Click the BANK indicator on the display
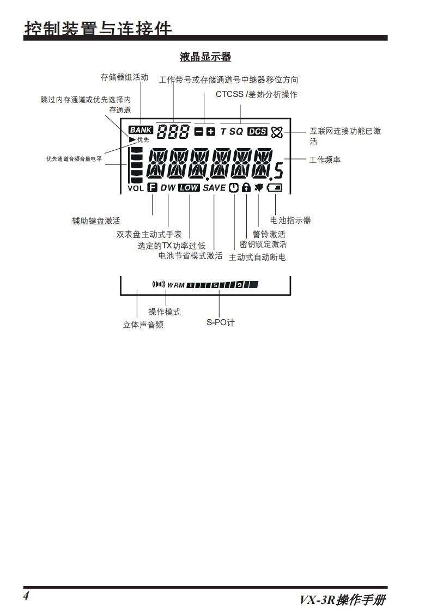141,130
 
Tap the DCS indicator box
257,131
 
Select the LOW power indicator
189,188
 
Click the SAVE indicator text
214,188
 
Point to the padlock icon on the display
246,188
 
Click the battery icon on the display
276,188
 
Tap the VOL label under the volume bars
136,188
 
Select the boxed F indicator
152,188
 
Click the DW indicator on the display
168,188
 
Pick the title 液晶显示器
205,57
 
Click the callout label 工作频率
325,160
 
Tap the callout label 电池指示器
291,221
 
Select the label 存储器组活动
124,77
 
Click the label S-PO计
220,322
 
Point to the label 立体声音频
143,325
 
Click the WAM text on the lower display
176,285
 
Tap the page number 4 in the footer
26,595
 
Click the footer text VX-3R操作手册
343,600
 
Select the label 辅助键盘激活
96,221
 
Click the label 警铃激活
269,234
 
